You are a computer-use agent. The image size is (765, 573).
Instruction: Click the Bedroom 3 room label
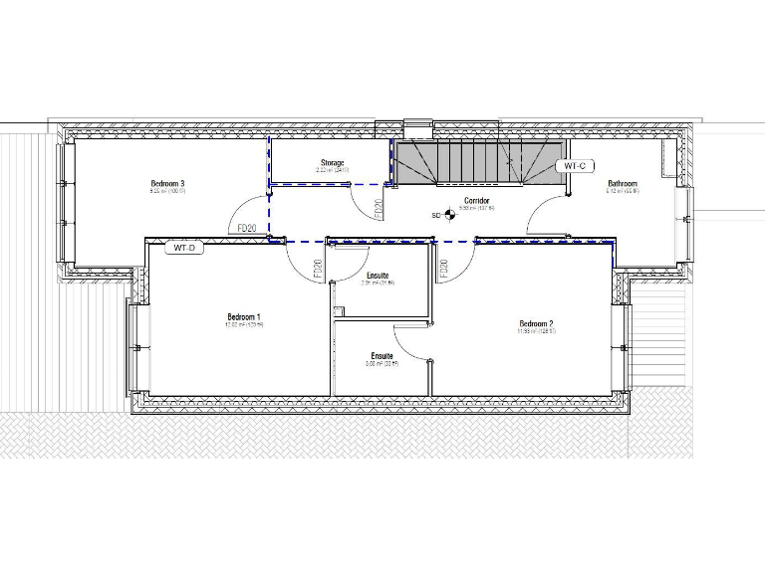pos(168,183)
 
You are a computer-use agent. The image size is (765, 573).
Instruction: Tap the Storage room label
pos(332,163)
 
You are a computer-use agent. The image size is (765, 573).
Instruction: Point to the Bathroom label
pos(623,183)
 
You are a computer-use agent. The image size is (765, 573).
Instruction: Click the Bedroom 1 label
pos(244,316)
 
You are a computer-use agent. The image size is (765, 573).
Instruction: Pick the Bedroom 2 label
pos(536,324)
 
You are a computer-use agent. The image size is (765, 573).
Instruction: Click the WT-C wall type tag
pos(577,165)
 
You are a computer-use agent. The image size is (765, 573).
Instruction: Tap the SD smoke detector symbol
pos(448,213)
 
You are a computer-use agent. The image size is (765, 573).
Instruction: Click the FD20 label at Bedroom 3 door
pos(249,228)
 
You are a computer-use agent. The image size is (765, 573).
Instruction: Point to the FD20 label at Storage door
pos(379,210)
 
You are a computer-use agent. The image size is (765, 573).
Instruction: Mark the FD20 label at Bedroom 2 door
pos(444,268)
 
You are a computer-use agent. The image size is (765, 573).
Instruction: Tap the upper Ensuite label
pos(379,275)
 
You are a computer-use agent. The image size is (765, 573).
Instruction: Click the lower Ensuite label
pos(382,355)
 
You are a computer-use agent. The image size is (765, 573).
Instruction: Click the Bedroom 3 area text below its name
pos(168,191)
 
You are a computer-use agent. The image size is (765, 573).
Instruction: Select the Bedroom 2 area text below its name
pos(536,332)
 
